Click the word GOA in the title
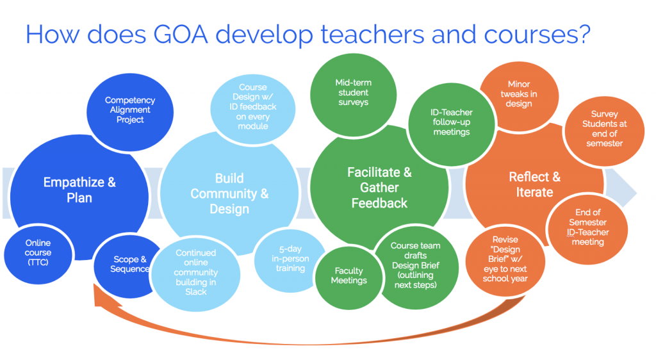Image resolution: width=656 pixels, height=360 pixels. pos(181,35)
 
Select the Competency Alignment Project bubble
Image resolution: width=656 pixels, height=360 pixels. pos(130,111)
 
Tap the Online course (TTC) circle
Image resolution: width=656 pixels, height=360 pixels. pos(38,254)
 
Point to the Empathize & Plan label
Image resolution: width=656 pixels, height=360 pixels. pos(79,190)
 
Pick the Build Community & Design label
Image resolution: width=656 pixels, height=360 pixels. pos(229,193)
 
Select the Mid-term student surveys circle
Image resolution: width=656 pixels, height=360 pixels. pos(354,95)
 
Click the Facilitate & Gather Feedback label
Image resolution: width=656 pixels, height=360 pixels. pos(379,188)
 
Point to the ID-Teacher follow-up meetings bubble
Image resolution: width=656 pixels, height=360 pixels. pos(452,124)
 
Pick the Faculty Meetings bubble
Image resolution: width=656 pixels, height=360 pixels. pos(349,277)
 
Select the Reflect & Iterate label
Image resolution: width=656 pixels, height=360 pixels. pos(535,184)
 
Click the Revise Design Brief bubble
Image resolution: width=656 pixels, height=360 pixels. pos(505,261)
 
